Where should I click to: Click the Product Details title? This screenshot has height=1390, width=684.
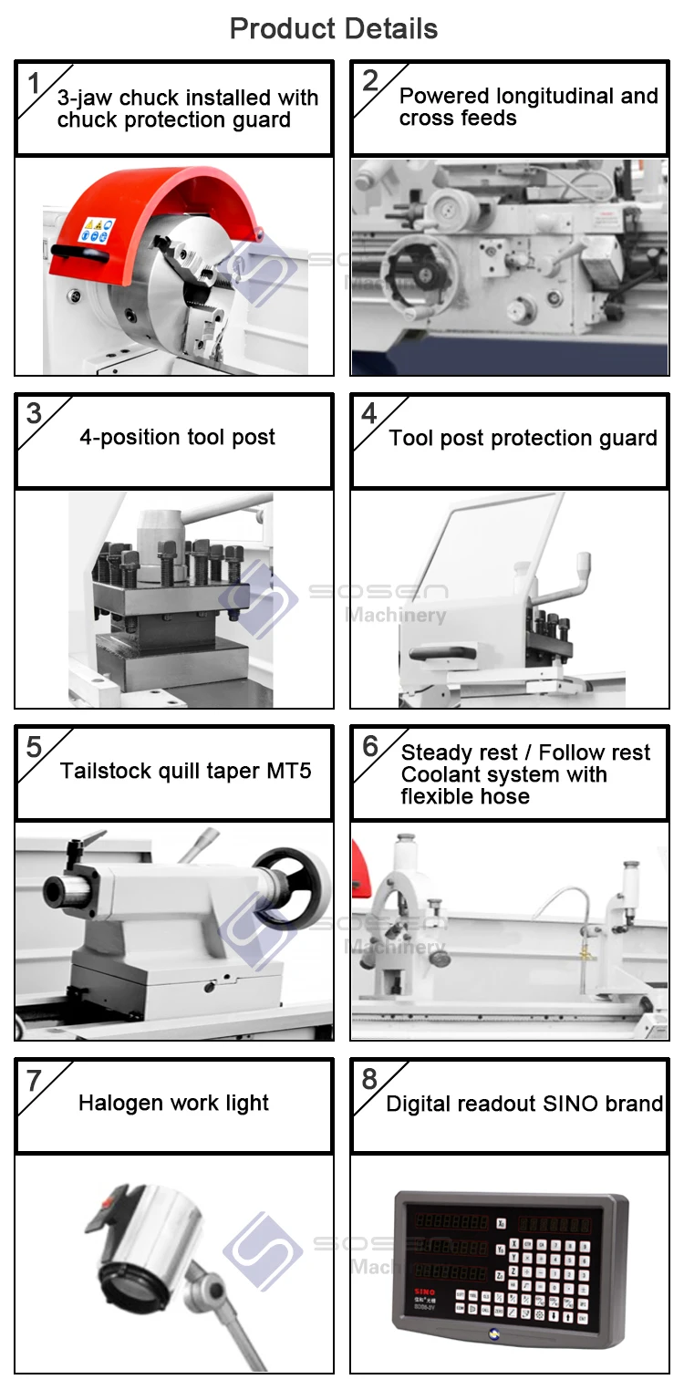point(334,28)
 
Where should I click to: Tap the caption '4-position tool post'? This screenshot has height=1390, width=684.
point(177,437)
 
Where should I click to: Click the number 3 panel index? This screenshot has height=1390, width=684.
point(34,413)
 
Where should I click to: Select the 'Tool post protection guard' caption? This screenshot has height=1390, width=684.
point(523,438)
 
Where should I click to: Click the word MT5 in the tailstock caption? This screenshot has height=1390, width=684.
point(289,771)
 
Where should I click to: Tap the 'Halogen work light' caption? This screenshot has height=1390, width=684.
point(173,1103)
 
